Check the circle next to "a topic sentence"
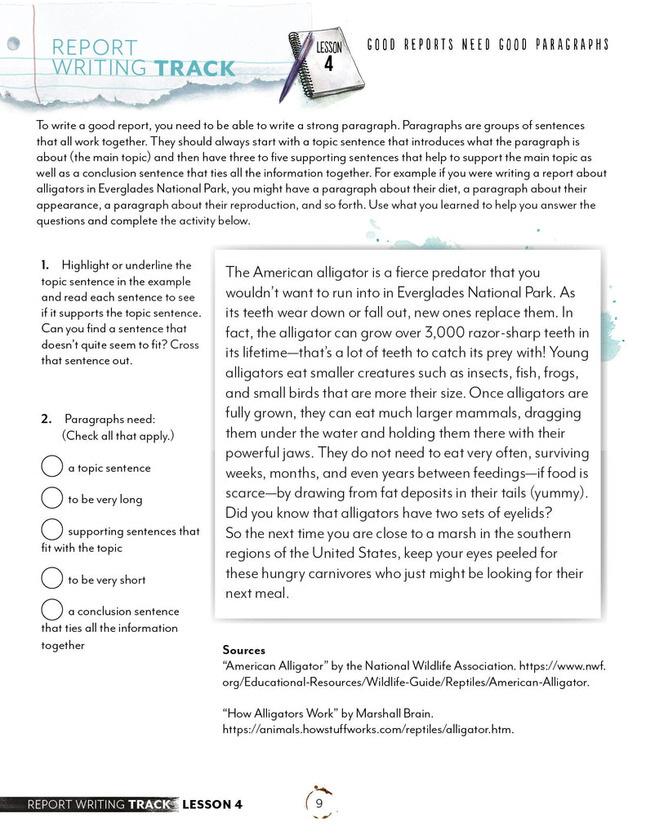tap(51, 467)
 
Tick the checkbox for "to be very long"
tap(51, 498)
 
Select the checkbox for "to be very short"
tap(51, 579)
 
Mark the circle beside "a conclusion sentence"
tap(51, 610)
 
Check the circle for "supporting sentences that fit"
tap(51, 530)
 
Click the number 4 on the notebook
tap(328, 63)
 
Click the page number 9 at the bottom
tap(319, 803)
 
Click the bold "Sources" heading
tap(243, 650)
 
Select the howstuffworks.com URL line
tap(368, 729)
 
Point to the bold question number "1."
tap(46, 265)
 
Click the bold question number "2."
tap(47, 419)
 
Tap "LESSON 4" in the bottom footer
tap(212, 804)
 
